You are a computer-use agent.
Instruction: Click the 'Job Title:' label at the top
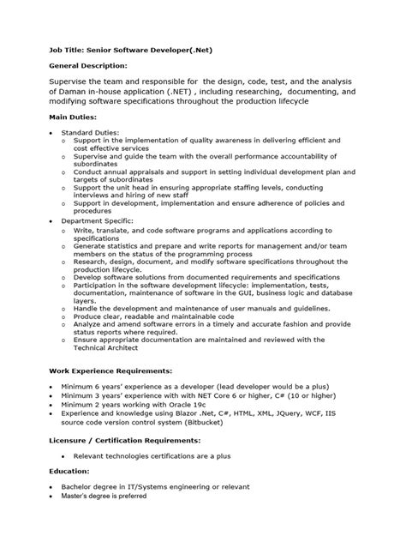(66, 51)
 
